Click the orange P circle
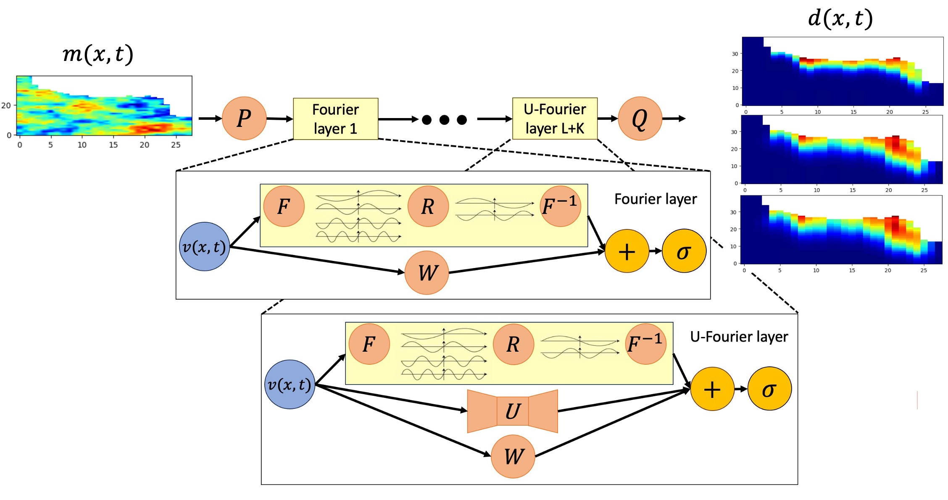[244, 118]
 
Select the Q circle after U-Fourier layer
[640, 118]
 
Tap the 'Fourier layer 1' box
[335, 119]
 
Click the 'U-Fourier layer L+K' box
[555, 118]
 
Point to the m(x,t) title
[98, 54]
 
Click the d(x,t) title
[840, 18]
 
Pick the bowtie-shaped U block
[512, 411]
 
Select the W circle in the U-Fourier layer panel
[513, 456]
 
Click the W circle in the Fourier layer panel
[427, 273]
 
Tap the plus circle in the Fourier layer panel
[627, 251]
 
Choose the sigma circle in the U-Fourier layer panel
[769, 389]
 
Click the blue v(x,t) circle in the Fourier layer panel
[205, 247]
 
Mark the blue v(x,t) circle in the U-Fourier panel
[290, 384]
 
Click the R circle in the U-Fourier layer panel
[513, 344]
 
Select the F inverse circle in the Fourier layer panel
[561, 206]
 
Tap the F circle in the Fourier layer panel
[284, 206]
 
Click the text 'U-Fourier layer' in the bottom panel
[739, 337]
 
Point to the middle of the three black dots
[444, 120]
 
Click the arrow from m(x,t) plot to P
[210, 118]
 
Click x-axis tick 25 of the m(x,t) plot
[176, 145]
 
